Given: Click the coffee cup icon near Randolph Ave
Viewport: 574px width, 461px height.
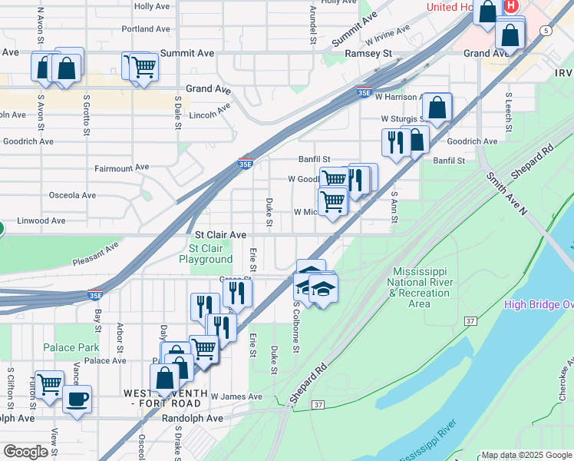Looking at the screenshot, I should (77, 400).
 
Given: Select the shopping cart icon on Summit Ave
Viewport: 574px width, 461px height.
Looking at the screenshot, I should (143, 67).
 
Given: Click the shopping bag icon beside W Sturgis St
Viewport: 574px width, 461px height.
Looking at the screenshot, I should (437, 108).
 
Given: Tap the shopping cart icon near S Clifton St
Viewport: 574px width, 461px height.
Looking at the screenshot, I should (50, 383).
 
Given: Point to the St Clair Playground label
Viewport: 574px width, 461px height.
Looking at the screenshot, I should (206, 254).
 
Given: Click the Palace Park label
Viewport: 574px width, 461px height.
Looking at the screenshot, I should (71, 347).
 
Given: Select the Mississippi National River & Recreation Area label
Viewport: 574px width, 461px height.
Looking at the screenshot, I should (419, 288).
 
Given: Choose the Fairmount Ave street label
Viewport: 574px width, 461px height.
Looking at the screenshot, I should (121, 167).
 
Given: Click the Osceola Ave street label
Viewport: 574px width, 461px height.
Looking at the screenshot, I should (72, 195).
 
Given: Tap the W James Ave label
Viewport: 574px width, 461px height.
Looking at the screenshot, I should (236, 396).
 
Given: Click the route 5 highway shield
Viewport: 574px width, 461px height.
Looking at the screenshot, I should (545, 30).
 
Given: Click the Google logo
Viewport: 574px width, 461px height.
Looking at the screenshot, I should (25, 452).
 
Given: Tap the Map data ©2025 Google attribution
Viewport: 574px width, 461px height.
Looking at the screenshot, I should (526, 455).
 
